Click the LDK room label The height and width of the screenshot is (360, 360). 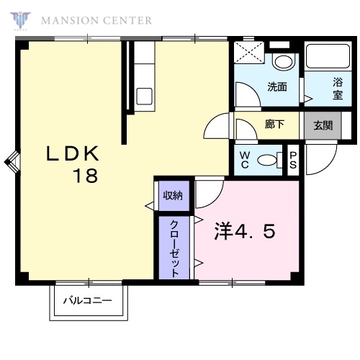click(x=72, y=153)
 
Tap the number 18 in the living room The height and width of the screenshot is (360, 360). click(x=86, y=176)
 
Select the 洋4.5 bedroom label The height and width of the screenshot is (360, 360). click(x=245, y=231)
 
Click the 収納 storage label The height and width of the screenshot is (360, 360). click(x=173, y=196)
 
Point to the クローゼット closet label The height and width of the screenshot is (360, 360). click(x=174, y=249)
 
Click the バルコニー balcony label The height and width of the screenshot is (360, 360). click(x=88, y=300)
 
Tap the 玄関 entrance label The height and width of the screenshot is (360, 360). click(x=323, y=125)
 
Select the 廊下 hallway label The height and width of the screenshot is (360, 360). click(x=274, y=124)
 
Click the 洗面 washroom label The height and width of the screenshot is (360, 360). click(x=277, y=86)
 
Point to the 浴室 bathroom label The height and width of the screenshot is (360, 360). click(x=338, y=89)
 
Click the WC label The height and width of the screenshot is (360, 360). click(x=245, y=160)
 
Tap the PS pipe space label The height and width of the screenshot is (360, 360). click(x=293, y=161)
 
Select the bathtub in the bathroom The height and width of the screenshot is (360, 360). click(x=328, y=56)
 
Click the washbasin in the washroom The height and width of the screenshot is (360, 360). click(x=284, y=62)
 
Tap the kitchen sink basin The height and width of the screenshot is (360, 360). click(x=144, y=96)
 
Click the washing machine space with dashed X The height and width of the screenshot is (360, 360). click(x=249, y=53)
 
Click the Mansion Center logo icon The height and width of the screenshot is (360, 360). click(x=20, y=21)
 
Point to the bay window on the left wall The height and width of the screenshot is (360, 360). click(x=12, y=162)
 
